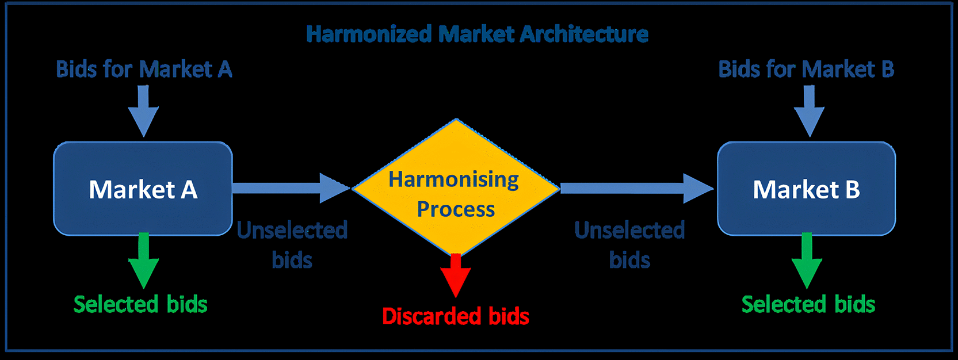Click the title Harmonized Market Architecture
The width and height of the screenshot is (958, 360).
(x=478, y=34)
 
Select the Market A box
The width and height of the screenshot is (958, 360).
(x=143, y=189)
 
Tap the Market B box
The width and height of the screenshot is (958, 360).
(x=806, y=189)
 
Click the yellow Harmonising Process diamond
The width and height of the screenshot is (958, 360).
(x=456, y=187)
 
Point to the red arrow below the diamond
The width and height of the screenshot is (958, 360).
(x=456, y=275)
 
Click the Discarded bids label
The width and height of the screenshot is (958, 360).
(x=456, y=316)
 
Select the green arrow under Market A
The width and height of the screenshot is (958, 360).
(x=144, y=261)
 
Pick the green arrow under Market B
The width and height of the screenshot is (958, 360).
(x=807, y=261)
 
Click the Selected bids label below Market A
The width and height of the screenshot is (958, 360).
(x=140, y=304)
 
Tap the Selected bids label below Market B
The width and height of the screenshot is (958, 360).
(x=808, y=304)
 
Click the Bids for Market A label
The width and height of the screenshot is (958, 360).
(x=144, y=69)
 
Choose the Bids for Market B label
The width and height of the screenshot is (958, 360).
(x=806, y=69)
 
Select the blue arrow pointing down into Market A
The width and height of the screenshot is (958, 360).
(x=143, y=111)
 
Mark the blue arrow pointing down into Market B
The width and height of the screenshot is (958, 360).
(x=809, y=111)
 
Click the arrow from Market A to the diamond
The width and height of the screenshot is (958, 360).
(x=291, y=188)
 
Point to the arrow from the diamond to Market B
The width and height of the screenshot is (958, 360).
(x=637, y=188)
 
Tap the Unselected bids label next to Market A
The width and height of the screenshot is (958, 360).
(x=292, y=244)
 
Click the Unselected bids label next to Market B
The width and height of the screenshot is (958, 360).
(x=629, y=244)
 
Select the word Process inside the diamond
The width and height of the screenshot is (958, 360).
(x=456, y=209)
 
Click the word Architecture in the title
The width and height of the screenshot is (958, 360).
(x=584, y=34)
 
